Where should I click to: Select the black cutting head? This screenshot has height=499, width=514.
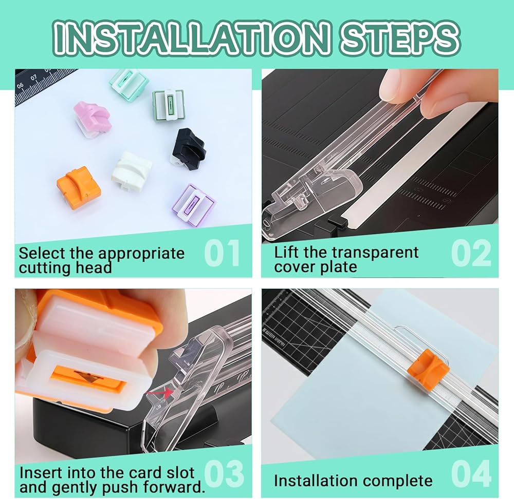(x=189, y=147)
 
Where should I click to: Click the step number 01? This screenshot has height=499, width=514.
(x=222, y=253)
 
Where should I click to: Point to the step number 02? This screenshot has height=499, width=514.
(x=471, y=253)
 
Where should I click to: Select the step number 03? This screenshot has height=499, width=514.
(x=224, y=473)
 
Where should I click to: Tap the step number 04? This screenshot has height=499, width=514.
(x=471, y=473)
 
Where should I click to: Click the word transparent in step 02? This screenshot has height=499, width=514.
(x=375, y=253)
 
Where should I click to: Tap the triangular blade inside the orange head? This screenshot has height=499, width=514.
(x=87, y=377)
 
